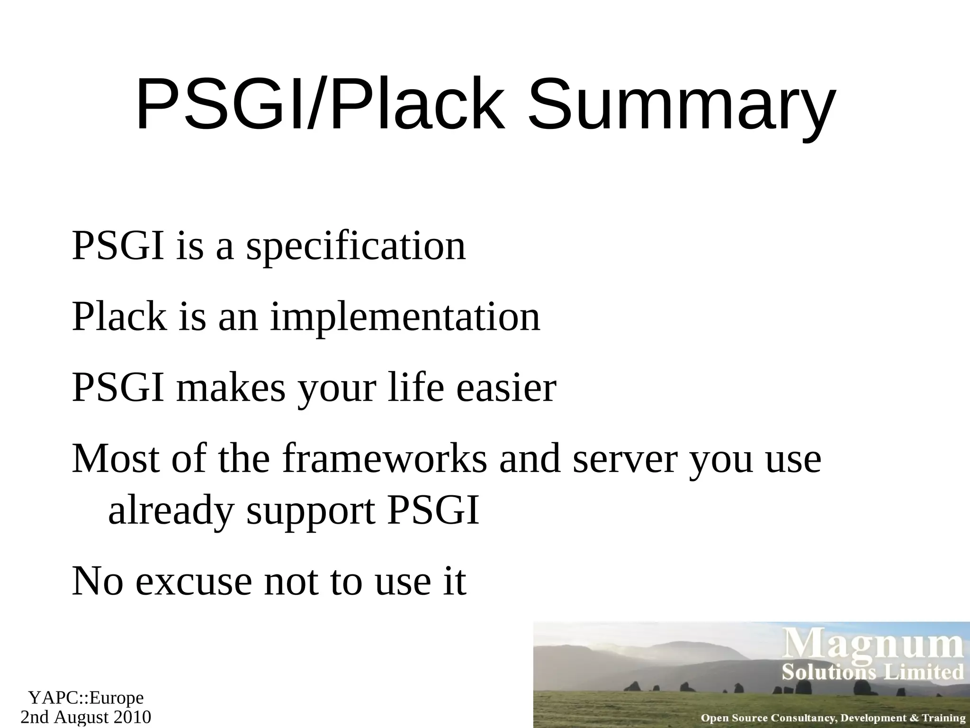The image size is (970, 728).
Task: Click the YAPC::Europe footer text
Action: (86, 698)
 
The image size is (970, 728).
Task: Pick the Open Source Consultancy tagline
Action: (833, 718)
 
